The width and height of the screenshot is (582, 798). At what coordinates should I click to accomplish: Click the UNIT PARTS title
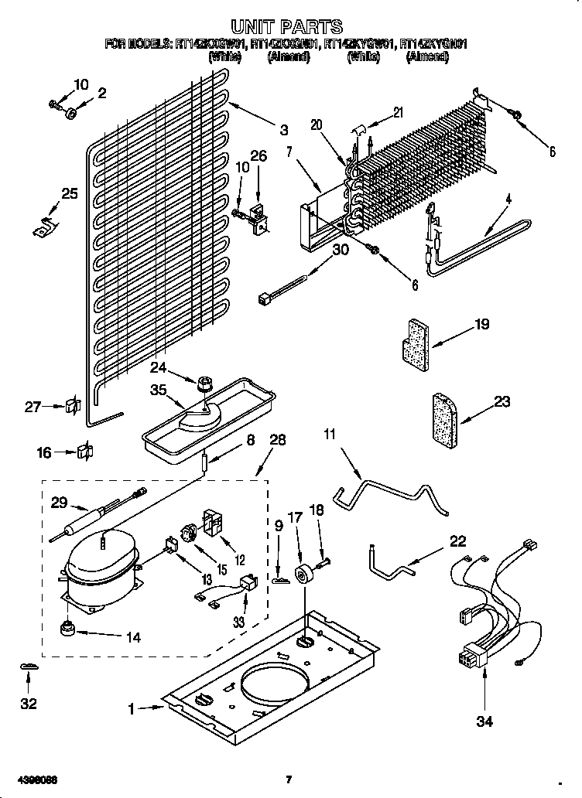287,29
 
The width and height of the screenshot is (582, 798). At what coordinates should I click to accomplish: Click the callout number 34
484,721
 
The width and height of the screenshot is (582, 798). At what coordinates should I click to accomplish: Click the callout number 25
69,194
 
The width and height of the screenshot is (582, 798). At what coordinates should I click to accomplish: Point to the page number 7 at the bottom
288,779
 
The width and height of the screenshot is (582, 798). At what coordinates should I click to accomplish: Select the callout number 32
29,704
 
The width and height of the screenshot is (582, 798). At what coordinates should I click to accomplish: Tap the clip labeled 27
74,405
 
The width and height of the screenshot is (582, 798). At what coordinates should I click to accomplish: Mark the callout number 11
330,435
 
